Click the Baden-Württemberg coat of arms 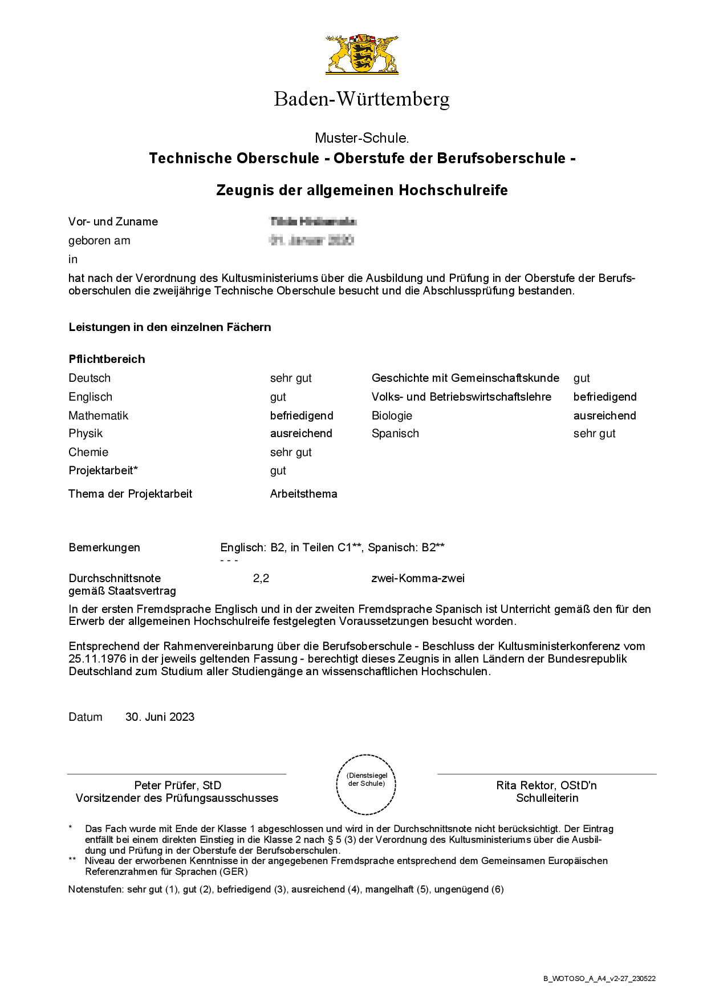tap(362, 54)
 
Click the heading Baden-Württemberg tap(361, 99)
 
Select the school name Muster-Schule tap(361, 138)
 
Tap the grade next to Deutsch tap(291, 378)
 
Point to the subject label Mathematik tap(98, 415)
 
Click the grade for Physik tap(301, 433)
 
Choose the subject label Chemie tap(88, 452)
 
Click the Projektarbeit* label tap(103, 470)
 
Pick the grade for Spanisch tap(594, 433)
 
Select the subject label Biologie tap(392, 415)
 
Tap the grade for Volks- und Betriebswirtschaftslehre tap(604, 397)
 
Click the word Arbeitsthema tap(303, 494)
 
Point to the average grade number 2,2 tap(261, 578)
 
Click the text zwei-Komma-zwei tap(418, 578)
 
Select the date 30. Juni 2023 tap(160, 717)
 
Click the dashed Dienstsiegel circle tap(366, 784)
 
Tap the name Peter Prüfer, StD tap(177, 785)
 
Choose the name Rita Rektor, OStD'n tap(546, 785)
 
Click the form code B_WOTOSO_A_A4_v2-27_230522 tap(599, 978)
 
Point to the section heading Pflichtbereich tap(107, 359)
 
